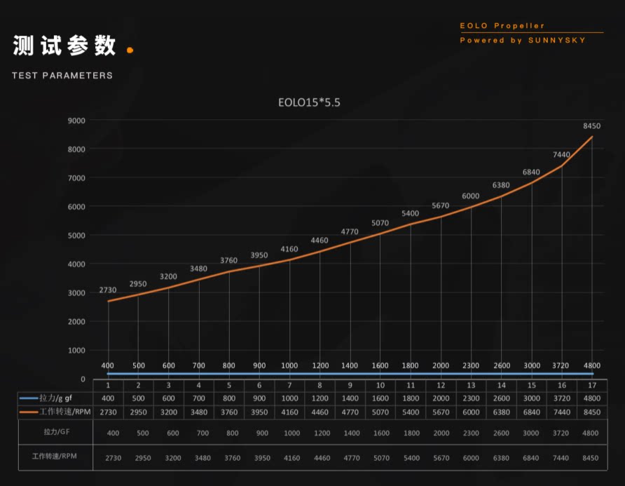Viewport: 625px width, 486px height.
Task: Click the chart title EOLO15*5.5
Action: pos(310,102)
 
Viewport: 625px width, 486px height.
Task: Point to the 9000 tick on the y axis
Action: pos(76,121)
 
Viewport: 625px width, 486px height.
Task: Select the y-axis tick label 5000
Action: pos(76,236)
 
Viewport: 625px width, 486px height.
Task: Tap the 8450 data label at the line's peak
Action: pos(592,126)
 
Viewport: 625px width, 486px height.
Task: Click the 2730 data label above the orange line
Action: pos(108,290)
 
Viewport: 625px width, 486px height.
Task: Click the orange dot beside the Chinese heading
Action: pos(130,50)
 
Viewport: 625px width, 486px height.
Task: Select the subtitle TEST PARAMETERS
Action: pos(62,76)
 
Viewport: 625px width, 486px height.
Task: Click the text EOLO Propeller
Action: pos(502,26)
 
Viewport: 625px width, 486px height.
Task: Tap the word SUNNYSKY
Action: pos(558,41)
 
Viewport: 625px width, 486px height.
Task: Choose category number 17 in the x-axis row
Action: pos(592,385)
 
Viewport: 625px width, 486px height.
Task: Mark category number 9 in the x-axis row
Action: pos(350,385)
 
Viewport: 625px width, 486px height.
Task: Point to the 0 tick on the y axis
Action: pos(83,379)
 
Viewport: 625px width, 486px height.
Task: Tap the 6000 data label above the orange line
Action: pos(471,196)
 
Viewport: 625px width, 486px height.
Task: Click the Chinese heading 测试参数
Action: pos(64,46)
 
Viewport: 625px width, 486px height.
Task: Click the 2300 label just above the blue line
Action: pos(471,365)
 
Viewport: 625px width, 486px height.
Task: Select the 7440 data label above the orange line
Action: pos(561,154)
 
